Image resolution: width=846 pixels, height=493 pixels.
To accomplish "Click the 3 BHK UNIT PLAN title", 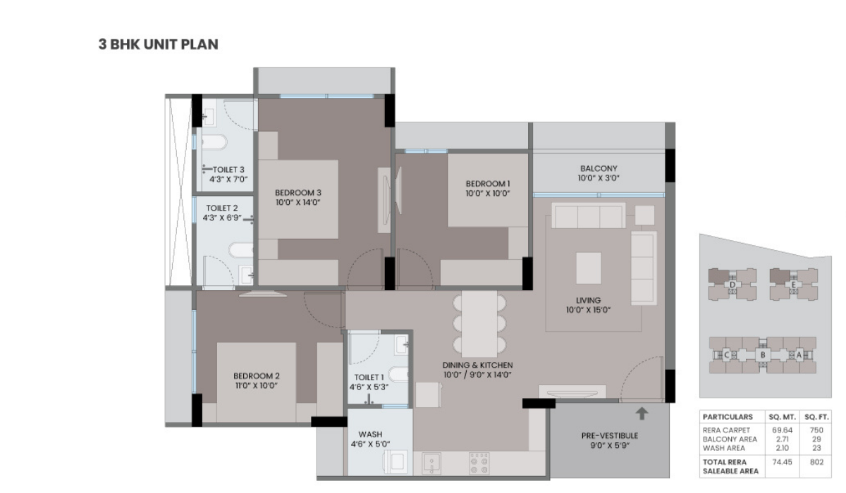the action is [x=158, y=44].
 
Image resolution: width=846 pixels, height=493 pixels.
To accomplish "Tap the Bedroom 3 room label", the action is [x=298, y=193].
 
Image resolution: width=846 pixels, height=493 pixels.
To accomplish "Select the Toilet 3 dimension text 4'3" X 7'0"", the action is [x=228, y=179].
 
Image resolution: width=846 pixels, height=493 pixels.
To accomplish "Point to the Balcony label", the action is [x=599, y=168].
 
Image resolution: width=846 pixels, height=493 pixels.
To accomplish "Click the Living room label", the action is [x=588, y=300].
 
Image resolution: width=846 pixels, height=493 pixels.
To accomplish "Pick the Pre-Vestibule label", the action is [x=610, y=436].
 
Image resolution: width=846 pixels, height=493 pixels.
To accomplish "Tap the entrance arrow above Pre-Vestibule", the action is [x=642, y=413].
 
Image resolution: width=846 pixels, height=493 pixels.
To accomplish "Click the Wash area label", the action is [x=370, y=434].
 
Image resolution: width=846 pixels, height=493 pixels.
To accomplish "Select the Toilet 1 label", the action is [x=369, y=377].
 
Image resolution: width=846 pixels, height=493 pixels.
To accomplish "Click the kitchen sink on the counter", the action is [x=431, y=463].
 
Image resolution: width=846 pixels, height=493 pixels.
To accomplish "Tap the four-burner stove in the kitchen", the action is [x=479, y=463].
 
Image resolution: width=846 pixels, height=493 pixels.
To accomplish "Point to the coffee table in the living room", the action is [x=589, y=268].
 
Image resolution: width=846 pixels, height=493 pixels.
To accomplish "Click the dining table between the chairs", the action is [x=479, y=324].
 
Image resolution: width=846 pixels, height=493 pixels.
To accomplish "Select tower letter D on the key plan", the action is [x=732, y=285].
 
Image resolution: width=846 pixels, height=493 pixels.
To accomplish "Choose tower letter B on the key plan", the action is [x=763, y=355].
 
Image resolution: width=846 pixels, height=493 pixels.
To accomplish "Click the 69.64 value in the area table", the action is [x=782, y=430].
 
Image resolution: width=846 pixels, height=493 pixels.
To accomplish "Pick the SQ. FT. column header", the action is [x=816, y=417].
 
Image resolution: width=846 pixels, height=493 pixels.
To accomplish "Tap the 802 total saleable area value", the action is [x=816, y=462].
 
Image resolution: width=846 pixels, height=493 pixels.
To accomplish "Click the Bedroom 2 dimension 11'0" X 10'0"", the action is [x=257, y=385].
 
